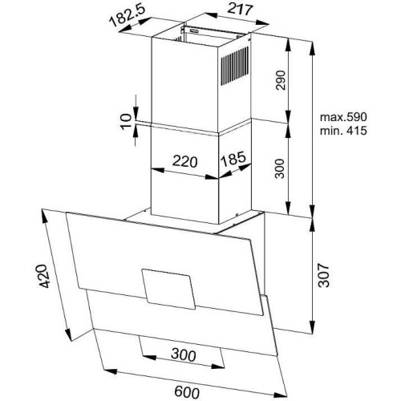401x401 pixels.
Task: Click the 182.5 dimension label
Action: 128,15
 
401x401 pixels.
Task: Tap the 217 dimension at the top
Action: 240,10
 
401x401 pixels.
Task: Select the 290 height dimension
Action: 281,80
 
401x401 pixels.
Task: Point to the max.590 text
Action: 343,117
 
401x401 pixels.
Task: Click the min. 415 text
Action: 343,131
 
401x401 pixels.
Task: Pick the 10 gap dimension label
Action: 126,122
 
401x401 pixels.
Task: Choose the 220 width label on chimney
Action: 185,161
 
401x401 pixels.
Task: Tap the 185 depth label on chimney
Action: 233,159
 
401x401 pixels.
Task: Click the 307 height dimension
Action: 323,275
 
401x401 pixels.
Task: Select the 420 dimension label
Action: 43,276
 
